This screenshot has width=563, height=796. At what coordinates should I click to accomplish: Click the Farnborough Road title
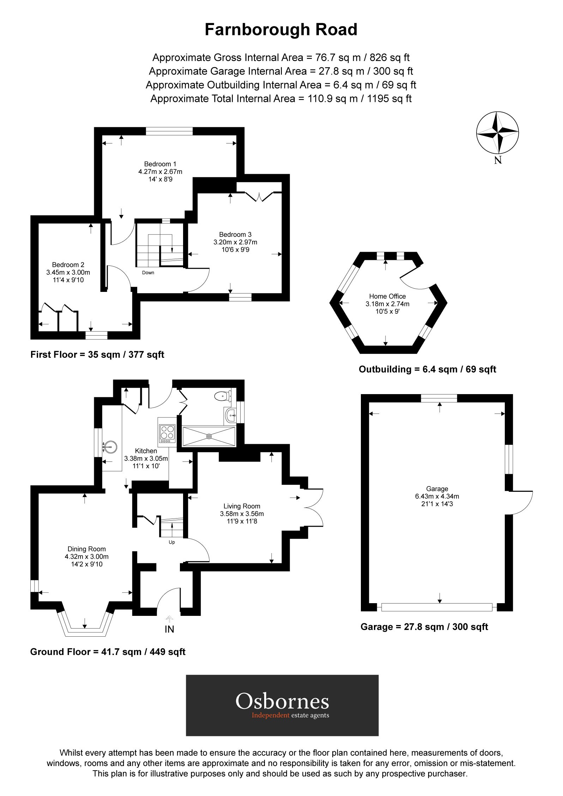(x=281, y=30)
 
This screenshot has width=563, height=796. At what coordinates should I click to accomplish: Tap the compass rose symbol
(x=497, y=133)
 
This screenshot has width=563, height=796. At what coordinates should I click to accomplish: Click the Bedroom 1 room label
(x=160, y=164)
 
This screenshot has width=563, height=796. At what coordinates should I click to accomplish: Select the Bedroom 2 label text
(x=68, y=265)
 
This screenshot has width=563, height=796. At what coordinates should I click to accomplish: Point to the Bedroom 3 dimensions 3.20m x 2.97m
(x=235, y=242)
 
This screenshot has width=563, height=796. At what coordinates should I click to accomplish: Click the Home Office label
(x=387, y=296)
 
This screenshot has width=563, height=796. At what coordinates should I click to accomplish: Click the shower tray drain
(x=209, y=436)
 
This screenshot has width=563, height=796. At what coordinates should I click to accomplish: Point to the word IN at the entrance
(x=169, y=630)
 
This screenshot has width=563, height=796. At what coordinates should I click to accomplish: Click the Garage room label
(x=437, y=489)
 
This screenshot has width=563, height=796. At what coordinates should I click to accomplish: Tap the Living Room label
(x=242, y=506)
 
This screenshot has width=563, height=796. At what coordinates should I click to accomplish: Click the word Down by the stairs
(x=148, y=273)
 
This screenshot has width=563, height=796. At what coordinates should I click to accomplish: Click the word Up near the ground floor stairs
(x=172, y=542)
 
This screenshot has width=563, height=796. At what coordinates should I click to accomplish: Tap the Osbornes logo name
(x=282, y=701)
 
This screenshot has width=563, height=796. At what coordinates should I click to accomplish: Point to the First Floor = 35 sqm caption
(x=97, y=355)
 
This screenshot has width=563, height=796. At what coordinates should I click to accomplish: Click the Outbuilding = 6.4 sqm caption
(x=427, y=369)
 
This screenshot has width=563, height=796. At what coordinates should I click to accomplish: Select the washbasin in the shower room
(x=231, y=415)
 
